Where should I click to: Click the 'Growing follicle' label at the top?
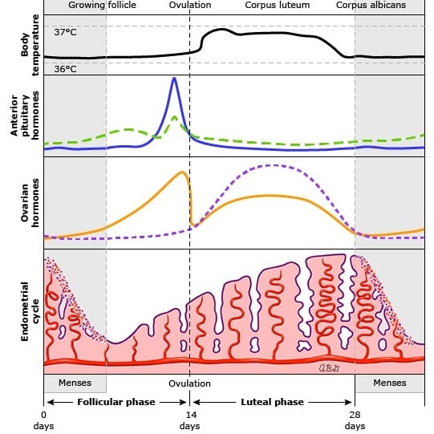[102, 5]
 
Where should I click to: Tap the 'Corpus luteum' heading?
[278, 5]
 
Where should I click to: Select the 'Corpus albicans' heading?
[371, 5]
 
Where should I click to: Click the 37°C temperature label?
[65, 32]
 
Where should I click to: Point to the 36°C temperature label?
[65, 69]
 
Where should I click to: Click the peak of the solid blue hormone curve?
[174, 79]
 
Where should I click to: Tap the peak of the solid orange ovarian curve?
[182, 172]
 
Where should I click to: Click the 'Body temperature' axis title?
[30, 45]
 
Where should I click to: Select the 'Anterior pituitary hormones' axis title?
[25, 116]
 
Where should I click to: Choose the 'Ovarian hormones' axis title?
[30, 203]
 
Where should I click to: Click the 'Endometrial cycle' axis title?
[30, 311]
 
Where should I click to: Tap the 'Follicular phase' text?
[116, 402]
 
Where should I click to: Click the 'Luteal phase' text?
[273, 402]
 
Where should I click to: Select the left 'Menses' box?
[75, 383]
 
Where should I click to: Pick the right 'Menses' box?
[390, 383]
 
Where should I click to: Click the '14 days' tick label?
[190, 420]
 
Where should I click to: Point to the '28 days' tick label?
[355, 420]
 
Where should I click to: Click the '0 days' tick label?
[44, 420]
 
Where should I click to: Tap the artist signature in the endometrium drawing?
[329, 368]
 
